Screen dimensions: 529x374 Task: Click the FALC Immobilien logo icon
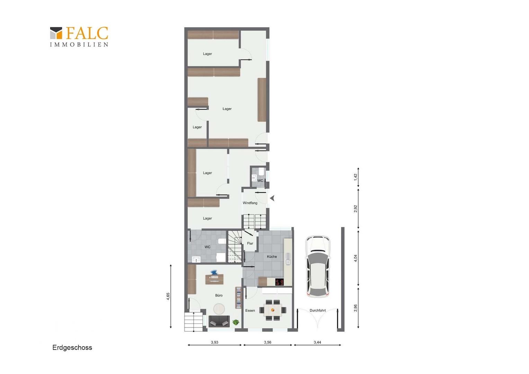[56, 33]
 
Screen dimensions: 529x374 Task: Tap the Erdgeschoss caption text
[72, 348]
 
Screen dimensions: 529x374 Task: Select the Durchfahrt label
[317, 310]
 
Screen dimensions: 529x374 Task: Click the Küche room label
[272, 257]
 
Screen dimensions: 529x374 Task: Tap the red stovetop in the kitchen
[280, 282]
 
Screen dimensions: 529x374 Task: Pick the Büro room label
[219, 295]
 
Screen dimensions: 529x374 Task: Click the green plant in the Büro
[236, 322]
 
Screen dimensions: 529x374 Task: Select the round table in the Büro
[219, 309]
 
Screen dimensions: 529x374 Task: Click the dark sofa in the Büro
[219, 321]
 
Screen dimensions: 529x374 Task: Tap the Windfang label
[250, 203]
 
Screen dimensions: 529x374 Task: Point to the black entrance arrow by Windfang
[272, 198]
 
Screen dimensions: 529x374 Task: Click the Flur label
[250, 243]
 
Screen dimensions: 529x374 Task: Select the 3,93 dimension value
[214, 342]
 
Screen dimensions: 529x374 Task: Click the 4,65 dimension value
[168, 296]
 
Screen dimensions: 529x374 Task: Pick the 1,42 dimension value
[356, 177]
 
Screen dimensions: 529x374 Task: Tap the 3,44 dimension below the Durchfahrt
[317, 342]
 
